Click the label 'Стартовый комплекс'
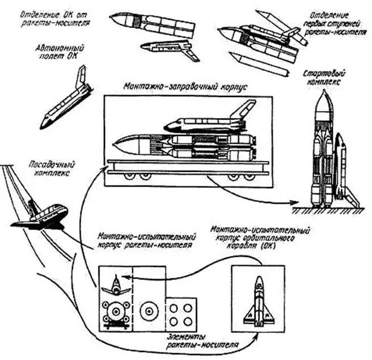[332, 78]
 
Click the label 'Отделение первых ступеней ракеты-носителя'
[335, 22]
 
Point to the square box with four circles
[181, 314]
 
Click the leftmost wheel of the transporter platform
[129, 177]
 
